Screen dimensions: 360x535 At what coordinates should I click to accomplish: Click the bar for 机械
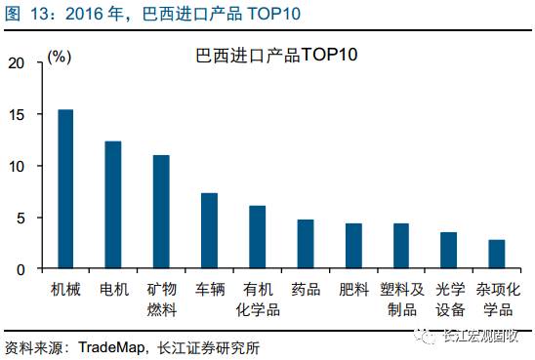pyautogui.click(x=65, y=189)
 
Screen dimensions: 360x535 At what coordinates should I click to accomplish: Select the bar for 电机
pyautogui.click(x=113, y=205)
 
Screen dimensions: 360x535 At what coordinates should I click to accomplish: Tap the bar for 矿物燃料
pyautogui.click(x=161, y=212)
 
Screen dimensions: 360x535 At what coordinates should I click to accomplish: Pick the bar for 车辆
pyautogui.click(x=209, y=230)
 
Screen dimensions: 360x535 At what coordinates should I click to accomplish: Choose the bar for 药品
pyautogui.click(x=306, y=244)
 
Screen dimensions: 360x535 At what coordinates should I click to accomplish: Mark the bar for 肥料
pyautogui.click(x=353, y=246)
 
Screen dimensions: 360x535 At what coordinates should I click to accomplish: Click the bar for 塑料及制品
pyautogui.click(x=401, y=246)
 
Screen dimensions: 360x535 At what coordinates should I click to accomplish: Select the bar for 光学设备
pyautogui.click(x=449, y=251)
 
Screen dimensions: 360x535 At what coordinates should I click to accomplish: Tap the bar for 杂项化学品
pyautogui.click(x=497, y=255)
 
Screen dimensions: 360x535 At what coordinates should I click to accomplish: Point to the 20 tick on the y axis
pyautogui.click(x=15, y=62)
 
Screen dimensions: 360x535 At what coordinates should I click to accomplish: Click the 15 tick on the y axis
pyautogui.click(x=15, y=114)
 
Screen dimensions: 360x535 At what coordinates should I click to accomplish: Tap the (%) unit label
pyautogui.click(x=60, y=57)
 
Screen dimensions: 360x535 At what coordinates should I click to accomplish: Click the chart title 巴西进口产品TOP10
pyautogui.click(x=277, y=55)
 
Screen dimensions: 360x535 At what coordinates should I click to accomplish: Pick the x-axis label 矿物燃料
pyautogui.click(x=161, y=300)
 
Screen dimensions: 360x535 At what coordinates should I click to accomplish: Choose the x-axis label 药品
pyautogui.click(x=306, y=290)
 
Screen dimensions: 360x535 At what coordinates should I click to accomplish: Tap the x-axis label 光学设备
pyautogui.click(x=449, y=300)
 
